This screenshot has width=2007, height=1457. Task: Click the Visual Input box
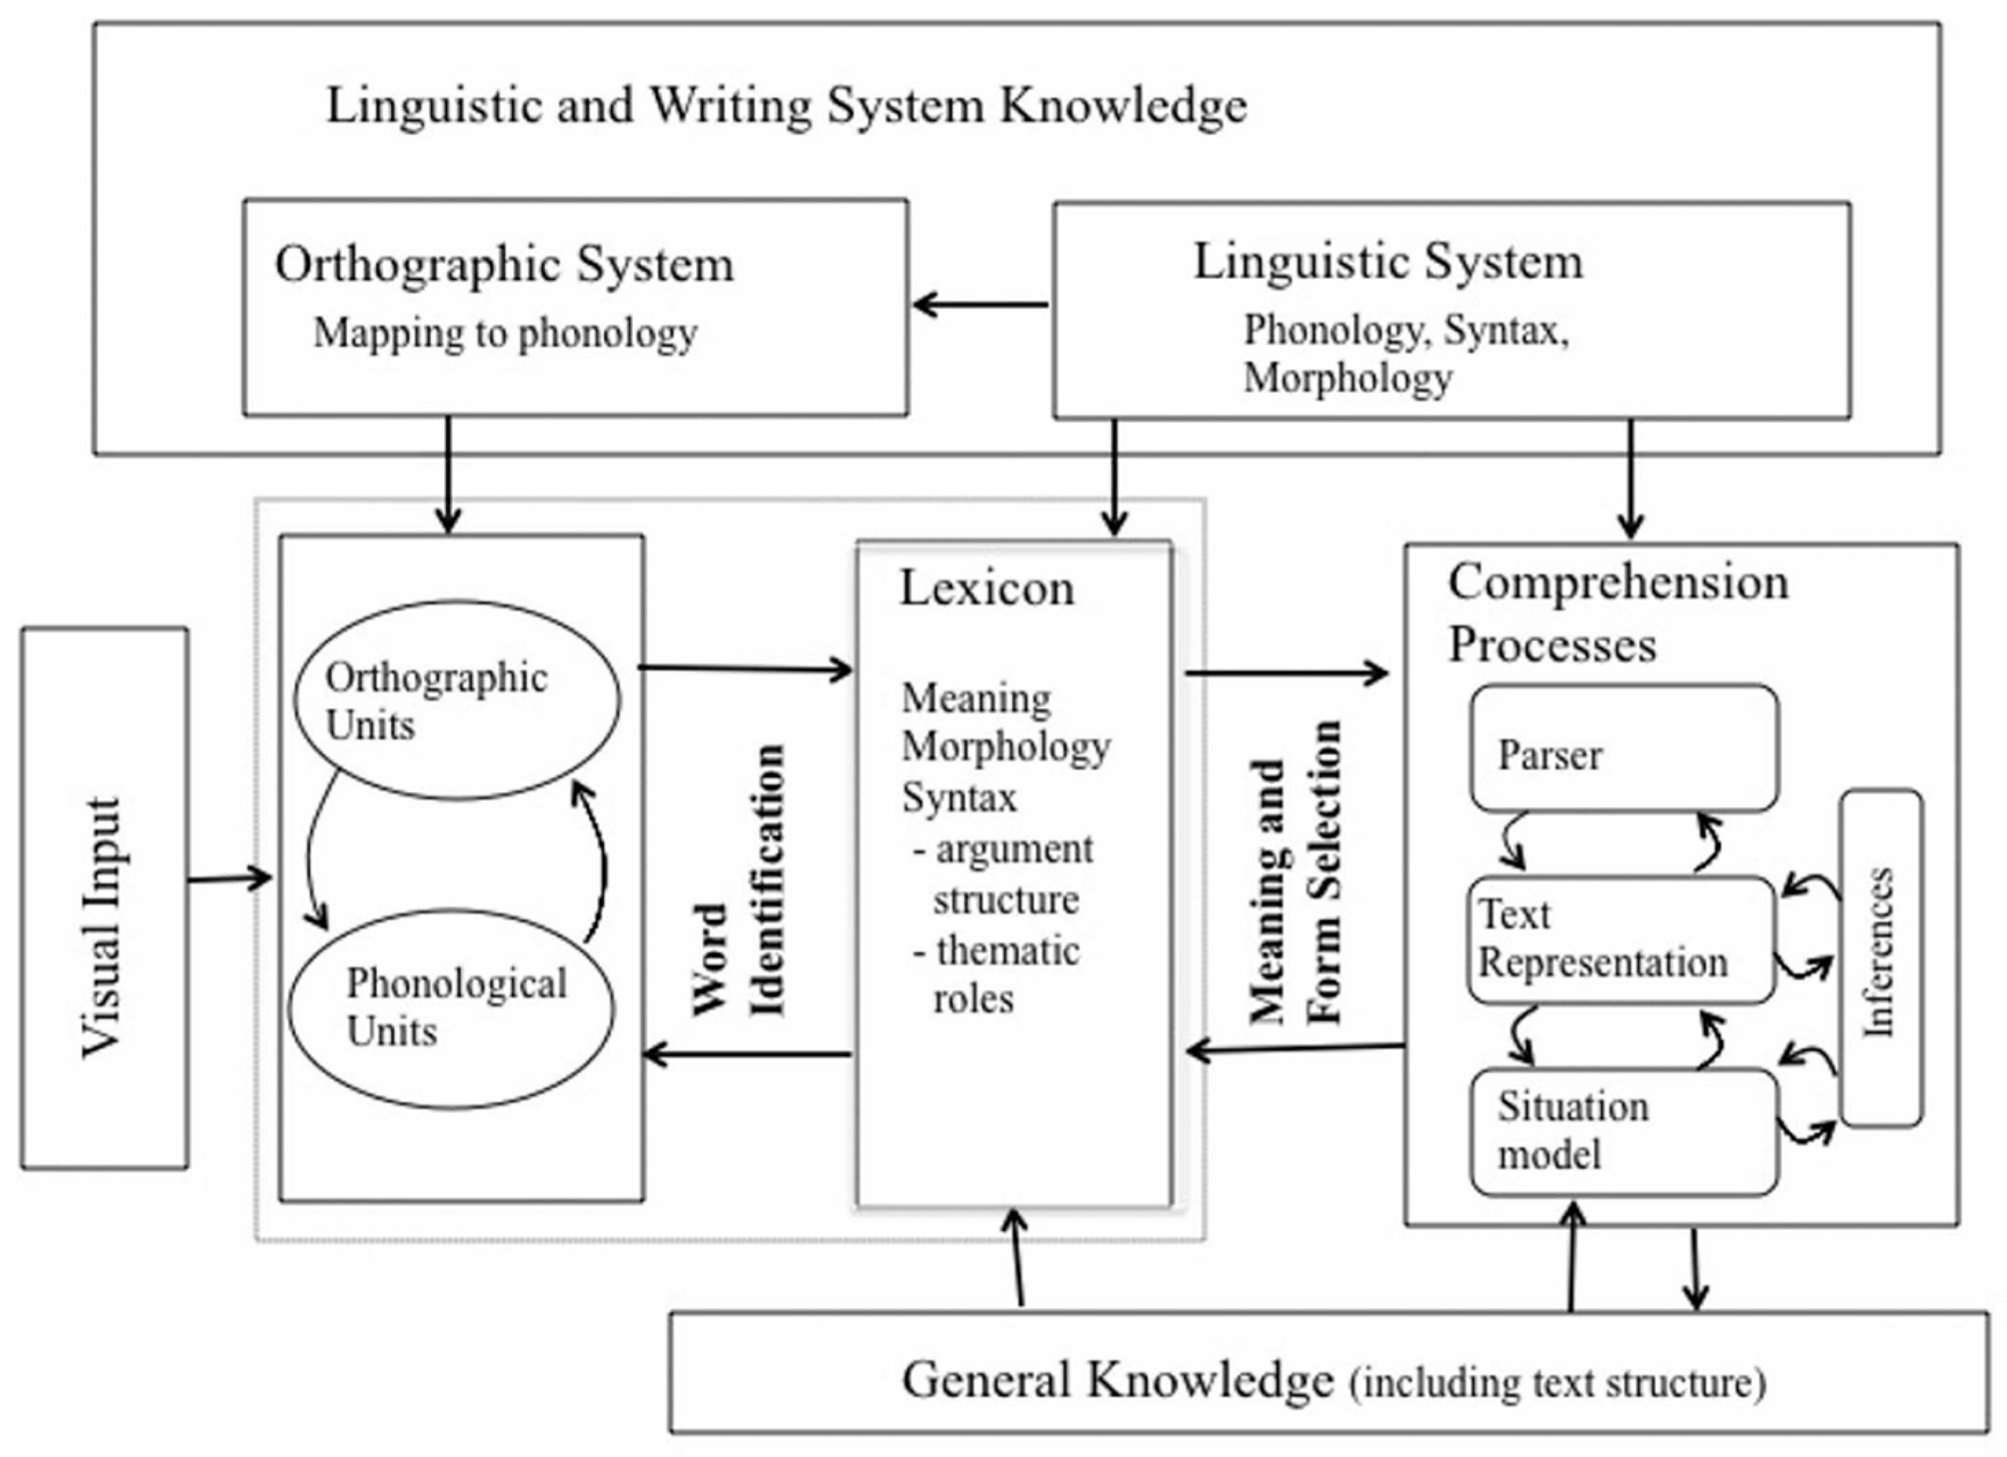(104, 898)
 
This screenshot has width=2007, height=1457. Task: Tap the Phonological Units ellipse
(452, 1008)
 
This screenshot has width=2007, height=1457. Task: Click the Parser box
(1624, 748)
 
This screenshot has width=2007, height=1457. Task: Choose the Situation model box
(1624, 1131)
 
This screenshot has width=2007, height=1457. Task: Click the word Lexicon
(987, 588)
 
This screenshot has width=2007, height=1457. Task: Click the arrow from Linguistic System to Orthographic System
(980, 305)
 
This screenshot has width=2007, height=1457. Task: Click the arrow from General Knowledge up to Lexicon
(1018, 1258)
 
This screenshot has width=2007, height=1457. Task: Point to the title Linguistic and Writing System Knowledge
(787, 105)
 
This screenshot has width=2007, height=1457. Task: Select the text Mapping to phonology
(505, 333)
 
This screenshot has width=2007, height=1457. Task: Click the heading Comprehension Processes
(1617, 612)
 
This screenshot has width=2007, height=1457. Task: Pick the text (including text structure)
(1558, 1383)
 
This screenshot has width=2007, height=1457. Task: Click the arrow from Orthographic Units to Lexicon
(745, 669)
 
